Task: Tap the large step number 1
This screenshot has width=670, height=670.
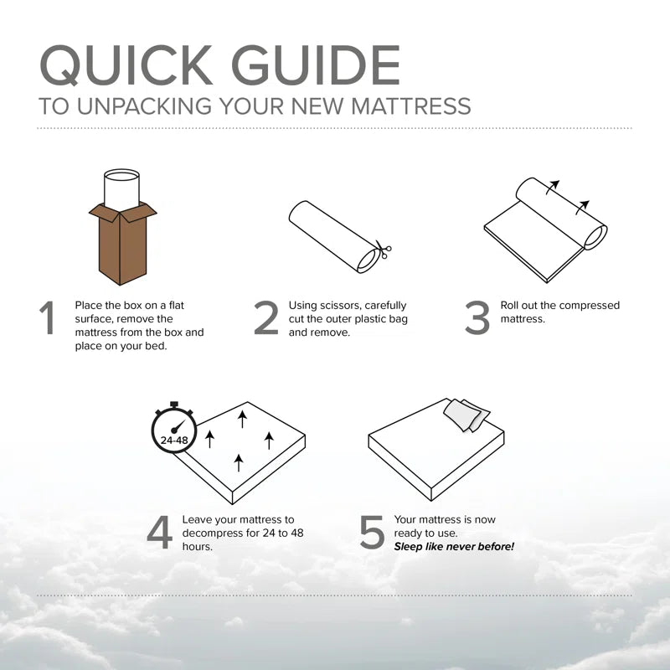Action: tap(49, 319)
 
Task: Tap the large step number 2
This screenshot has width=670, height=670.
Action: tap(265, 319)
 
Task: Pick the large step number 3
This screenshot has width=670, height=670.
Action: tap(477, 319)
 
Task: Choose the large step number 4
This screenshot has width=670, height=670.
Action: tap(159, 533)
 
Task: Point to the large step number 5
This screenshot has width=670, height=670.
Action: tap(372, 533)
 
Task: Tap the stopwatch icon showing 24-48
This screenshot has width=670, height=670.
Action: tap(175, 433)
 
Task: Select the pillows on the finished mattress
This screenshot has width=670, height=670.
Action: tap(466, 413)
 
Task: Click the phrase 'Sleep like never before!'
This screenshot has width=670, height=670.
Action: tap(454, 547)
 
